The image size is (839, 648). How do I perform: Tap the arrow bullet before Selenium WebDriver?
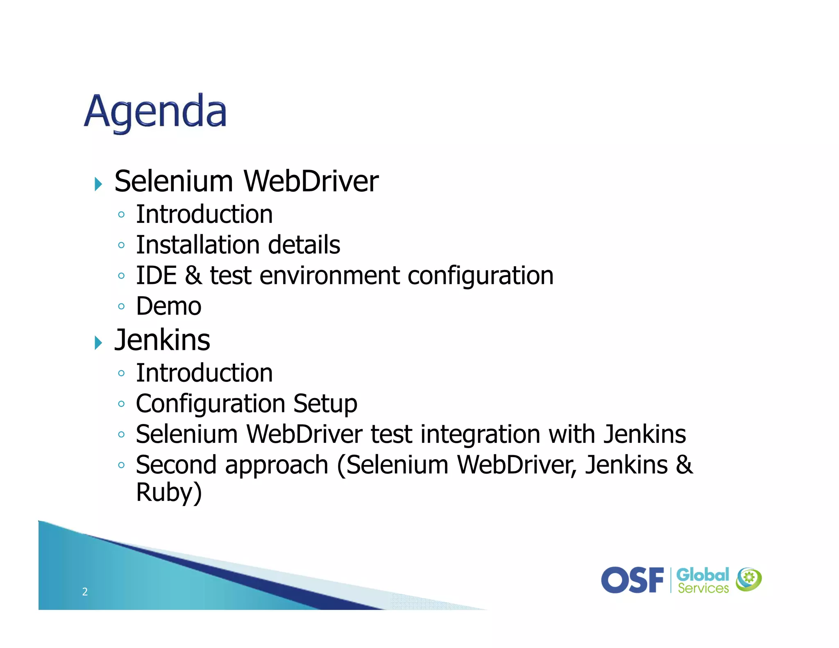(x=98, y=184)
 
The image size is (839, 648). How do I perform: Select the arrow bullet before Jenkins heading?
(x=98, y=342)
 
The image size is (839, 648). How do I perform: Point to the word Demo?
(x=169, y=306)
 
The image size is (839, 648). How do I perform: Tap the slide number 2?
(x=85, y=591)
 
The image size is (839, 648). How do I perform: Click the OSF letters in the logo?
(x=632, y=580)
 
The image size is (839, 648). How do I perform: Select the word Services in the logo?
(x=703, y=589)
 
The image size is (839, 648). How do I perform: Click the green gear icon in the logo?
(x=748, y=578)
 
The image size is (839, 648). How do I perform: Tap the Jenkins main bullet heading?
(x=162, y=340)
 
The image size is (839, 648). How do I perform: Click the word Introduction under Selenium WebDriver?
(x=204, y=214)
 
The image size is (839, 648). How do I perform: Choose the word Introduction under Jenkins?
(x=204, y=373)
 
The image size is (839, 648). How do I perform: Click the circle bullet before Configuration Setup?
(x=121, y=404)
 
